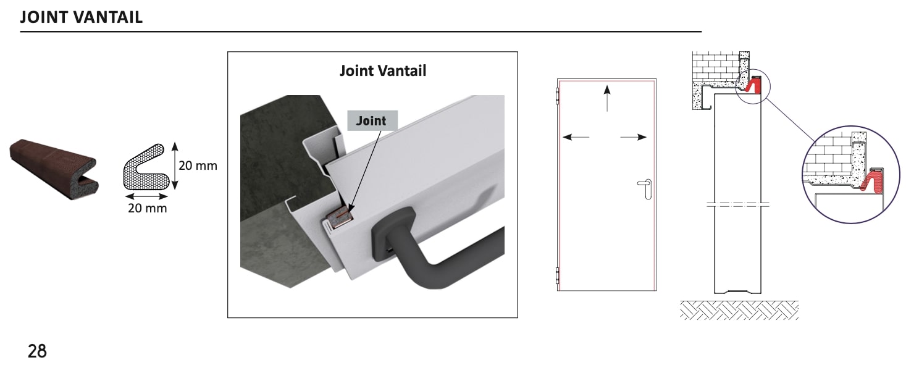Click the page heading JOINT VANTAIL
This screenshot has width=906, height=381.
[x=82, y=17]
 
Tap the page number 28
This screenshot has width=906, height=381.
[x=37, y=351]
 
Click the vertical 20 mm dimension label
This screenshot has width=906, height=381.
[x=198, y=165]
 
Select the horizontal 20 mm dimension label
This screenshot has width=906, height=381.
[x=147, y=208]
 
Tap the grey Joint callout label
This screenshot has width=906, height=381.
[x=372, y=120]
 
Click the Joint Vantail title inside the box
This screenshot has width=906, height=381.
[x=383, y=71]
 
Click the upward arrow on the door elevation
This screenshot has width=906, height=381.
[x=607, y=98]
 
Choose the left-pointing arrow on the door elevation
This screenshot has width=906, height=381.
[x=576, y=137]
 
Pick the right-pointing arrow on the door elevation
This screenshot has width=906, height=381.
[x=634, y=137]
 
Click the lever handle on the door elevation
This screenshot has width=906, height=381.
[x=645, y=188]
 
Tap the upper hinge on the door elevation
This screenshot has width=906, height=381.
[x=557, y=97]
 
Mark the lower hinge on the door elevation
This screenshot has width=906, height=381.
[x=557, y=275]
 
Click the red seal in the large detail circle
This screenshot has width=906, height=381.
[x=874, y=182]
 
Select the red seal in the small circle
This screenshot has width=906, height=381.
[x=753, y=85]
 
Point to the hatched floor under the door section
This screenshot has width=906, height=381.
[x=739, y=310]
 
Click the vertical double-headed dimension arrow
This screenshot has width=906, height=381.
[x=175, y=165]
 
